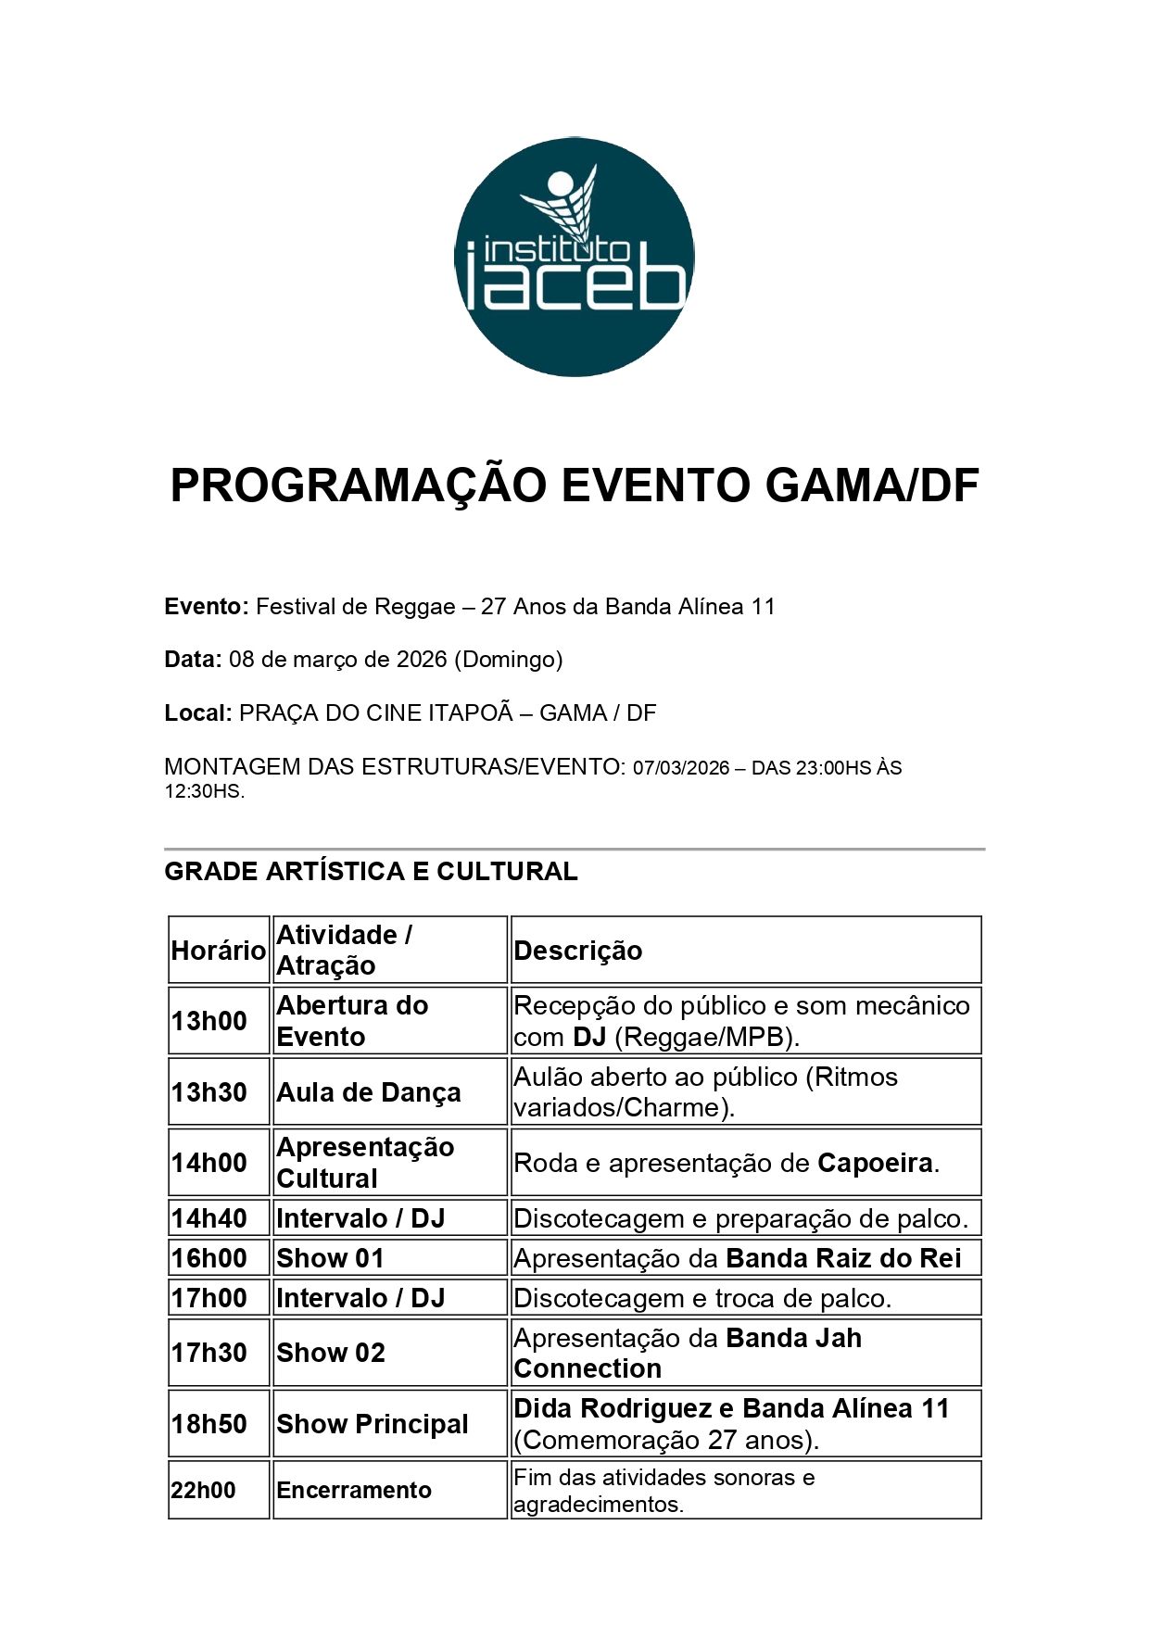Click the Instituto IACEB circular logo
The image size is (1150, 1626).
pyautogui.click(x=575, y=258)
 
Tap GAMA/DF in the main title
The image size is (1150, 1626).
pyautogui.click(x=872, y=485)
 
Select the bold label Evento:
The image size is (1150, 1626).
pyautogui.click(x=206, y=607)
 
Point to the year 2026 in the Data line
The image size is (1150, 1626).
pyautogui.click(x=422, y=660)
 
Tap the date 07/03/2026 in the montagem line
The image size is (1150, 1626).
pyautogui.click(x=681, y=768)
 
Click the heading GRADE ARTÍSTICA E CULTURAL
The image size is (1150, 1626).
pyautogui.click(x=371, y=872)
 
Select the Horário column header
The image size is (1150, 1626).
pyautogui.click(x=218, y=951)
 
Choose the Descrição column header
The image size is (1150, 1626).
pyautogui.click(x=578, y=952)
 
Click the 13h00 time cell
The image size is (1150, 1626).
pyautogui.click(x=209, y=1021)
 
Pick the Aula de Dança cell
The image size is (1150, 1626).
pyautogui.click(x=369, y=1092)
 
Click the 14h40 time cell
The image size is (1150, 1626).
pyautogui.click(x=209, y=1218)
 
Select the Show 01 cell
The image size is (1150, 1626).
pyautogui.click(x=330, y=1258)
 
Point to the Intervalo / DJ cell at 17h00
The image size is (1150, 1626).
pyautogui.click(x=360, y=1298)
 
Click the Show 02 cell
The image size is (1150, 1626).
pyautogui.click(x=331, y=1353)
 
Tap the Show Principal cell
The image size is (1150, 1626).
pyautogui.click(x=373, y=1424)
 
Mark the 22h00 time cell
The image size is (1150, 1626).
pyautogui.click(x=204, y=1490)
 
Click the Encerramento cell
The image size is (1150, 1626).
pyautogui.click(x=354, y=1490)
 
